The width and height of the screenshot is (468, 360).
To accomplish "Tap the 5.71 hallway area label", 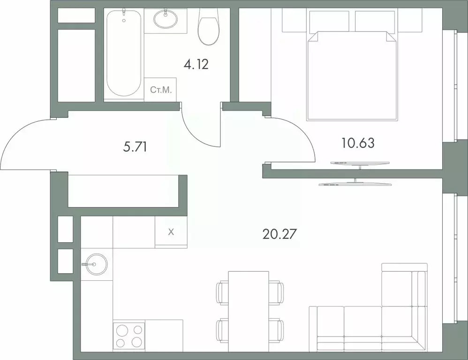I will click(135, 147).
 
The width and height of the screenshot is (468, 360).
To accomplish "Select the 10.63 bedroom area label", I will click(358, 143).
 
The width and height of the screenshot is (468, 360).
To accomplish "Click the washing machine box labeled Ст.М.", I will click(160, 89).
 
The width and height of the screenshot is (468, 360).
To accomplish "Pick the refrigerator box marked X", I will click(171, 231).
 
